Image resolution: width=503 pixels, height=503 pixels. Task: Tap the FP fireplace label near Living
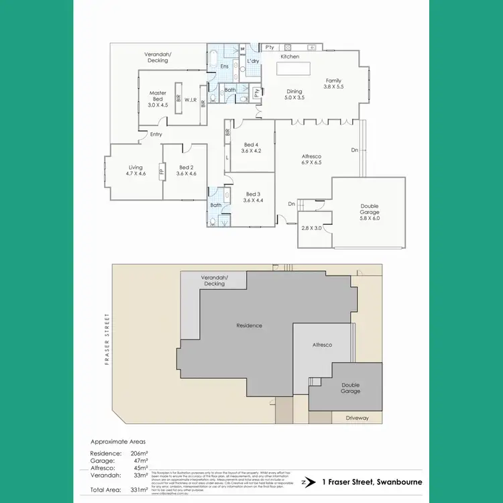(x=161, y=170)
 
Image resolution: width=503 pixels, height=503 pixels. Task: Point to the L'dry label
(x=253, y=61)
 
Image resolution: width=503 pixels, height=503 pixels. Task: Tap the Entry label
(x=156, y=135)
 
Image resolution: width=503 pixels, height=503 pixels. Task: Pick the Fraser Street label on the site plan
(x=106, y=338)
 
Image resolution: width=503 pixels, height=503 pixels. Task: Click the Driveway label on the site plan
(x=357, y=418)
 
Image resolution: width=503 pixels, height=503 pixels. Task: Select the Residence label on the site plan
(x=249, y=326)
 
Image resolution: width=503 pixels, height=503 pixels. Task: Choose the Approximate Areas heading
(x=117, y=442)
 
